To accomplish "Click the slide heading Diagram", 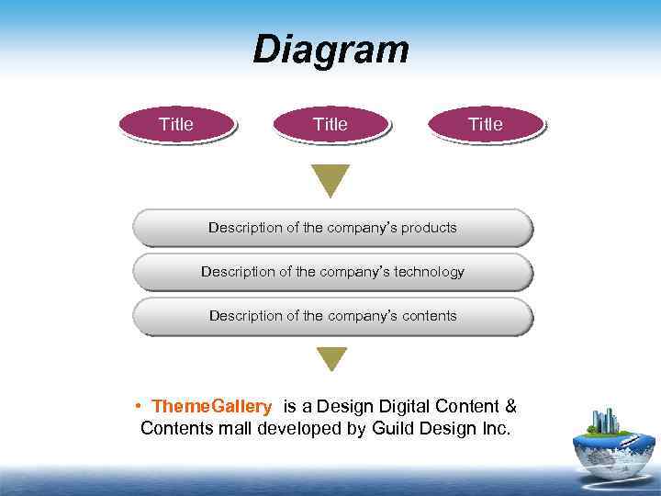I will pyautogui.click(x=330, y=50).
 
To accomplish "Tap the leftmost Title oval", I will pyautogui.click(x=176, y=124).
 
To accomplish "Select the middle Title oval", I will pyautogui.click(x=330, y=124).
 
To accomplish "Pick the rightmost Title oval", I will pyautogui.click(x=486, y=124).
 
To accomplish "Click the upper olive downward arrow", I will pyautogui.click(x=330, y=180).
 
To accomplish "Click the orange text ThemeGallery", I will pyautogui.click(x=212, y=406).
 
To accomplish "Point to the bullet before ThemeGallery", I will pyautogui.click(x=136, y=406).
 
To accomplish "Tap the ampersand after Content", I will pyautogui.click(x=511, y=406).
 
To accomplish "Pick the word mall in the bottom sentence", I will pyautogui.click(x=233, y=428).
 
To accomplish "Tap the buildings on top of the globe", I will pyautogui.click(x=606, y=421).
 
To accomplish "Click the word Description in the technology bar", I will pyautogui.click(x=241, y=272).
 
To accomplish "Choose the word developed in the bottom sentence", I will pyautogui.click(x=296, y=428).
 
